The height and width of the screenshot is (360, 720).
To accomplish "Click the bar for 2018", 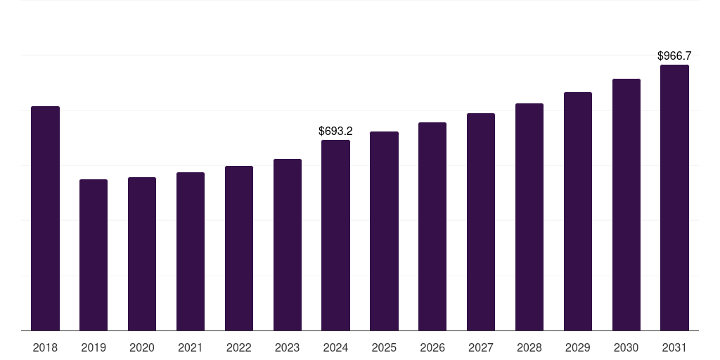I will [x=45, y=218].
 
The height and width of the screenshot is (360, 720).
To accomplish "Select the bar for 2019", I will [x=94, y=255].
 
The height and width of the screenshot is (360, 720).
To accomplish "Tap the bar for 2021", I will [x=191, y=251].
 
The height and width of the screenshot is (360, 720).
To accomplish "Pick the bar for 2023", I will [x=288, y=245].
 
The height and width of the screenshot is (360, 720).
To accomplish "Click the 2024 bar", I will [x=335, y=235].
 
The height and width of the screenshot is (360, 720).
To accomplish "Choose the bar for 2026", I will [x=432, y=226].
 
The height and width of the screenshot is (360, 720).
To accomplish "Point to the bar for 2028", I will [x=529, y=217].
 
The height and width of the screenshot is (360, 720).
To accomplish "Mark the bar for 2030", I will [x=626, y=205].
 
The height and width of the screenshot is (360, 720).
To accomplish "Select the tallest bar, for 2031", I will [x=674, y=198].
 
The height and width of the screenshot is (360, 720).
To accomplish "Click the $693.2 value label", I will [x=335, y=131].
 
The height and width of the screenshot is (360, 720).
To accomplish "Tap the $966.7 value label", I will [x=674, y=56].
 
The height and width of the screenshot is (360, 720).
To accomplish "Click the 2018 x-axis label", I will [x=45, y=347].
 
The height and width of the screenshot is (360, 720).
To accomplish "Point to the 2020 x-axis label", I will [x=142, y=347].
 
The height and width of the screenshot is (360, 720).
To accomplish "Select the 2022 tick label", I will [x=239, y=347].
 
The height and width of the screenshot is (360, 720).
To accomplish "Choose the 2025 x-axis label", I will [x=384, y=347].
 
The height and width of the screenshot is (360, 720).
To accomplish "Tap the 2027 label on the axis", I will [x=481, y=347].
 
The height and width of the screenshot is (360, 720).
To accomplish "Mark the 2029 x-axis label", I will [x=578, y=347].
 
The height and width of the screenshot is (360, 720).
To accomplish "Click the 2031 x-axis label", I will [x=674, y=347].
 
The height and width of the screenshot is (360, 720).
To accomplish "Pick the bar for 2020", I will [x=142, y=254].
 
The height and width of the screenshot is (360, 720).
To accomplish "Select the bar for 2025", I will [x=384, y=231].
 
